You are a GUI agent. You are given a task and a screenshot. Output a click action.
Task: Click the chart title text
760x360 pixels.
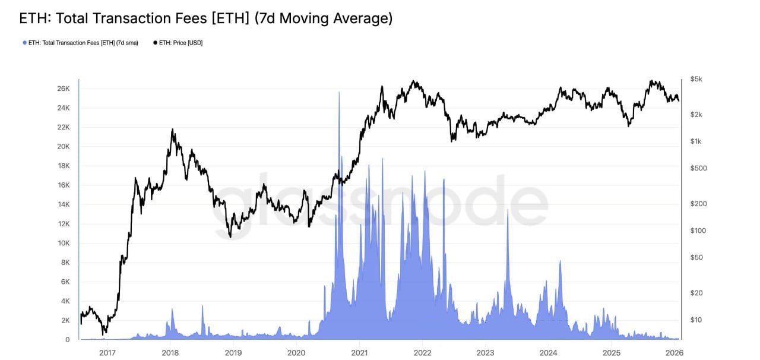tap(206, 18)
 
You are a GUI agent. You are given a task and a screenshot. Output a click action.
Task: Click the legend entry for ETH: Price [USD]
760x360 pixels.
tap(181, 43)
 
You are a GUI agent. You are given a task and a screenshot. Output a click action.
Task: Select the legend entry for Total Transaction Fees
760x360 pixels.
tap(83, 43)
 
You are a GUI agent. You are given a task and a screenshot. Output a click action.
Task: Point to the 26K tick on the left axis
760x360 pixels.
tap(63, 89)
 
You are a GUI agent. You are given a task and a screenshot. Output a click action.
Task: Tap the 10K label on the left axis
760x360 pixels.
tap(63, 243)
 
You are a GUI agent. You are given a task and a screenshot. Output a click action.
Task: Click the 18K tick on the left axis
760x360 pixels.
tap(63, 166)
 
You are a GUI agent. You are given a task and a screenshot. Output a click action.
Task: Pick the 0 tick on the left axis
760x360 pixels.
tap(68, 340)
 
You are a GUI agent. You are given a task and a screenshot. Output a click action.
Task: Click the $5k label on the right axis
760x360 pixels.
tap(696, 79)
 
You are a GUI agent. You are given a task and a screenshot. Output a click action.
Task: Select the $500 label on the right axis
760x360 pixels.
tap(698, 168)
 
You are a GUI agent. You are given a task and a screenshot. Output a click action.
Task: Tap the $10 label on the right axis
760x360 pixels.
tap(696, 320)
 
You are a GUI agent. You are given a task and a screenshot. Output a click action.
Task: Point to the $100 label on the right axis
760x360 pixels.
tap(698, 230)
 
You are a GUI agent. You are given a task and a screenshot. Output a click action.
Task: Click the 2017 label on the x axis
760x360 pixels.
tap(107, 352)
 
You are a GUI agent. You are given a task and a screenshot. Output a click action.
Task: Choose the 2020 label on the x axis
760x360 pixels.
tap(296, 352)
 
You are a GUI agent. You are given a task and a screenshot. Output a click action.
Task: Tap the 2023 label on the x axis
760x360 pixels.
tap(485, 352)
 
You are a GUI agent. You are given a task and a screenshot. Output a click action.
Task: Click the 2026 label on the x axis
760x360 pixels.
tap(674, 352)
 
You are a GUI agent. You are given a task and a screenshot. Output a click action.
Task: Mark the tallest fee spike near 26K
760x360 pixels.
tap(339, 93)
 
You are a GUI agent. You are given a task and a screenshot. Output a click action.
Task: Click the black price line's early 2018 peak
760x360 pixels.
tap(172, 130)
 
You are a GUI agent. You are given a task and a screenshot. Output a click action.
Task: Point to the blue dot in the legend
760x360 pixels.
tap(24, 43)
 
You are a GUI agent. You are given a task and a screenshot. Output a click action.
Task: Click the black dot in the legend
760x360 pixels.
tap(156, 43)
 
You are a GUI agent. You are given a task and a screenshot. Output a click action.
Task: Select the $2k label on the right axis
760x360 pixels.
tap(696, 114)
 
